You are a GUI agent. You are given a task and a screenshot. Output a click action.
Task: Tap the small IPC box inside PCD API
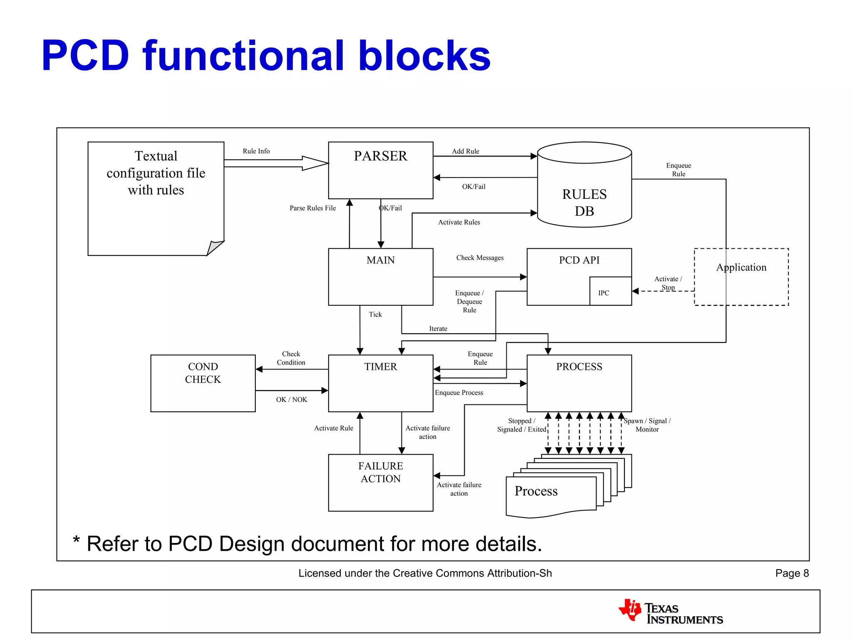[x=610, y=291]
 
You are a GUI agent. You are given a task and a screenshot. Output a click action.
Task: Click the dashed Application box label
[x=741, y=267]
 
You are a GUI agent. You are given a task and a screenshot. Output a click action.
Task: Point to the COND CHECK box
[x=203, y=383]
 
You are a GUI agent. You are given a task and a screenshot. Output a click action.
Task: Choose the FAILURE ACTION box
[x=380, y=483]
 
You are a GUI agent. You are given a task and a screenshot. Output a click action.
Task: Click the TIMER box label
[x=380, y=367]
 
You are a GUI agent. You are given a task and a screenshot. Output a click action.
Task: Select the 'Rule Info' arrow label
[x=256, y=151]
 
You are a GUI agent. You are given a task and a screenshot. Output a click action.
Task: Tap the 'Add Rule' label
[x=466, y=151]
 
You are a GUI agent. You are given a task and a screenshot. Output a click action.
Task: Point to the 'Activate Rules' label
[x=459, y=222]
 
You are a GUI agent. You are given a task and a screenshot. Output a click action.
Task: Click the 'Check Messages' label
[x=480, y=258]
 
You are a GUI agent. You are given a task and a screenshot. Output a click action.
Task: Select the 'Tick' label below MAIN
[x=375, y=315]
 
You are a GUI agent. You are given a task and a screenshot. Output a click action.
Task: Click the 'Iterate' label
[x=438, y=329]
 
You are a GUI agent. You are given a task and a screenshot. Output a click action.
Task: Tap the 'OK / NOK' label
[x=292, y=399]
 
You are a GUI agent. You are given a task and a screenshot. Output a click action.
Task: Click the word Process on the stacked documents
[x=536, y=491]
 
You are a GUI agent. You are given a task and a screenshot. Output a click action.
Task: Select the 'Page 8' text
[x=792, y=573]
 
